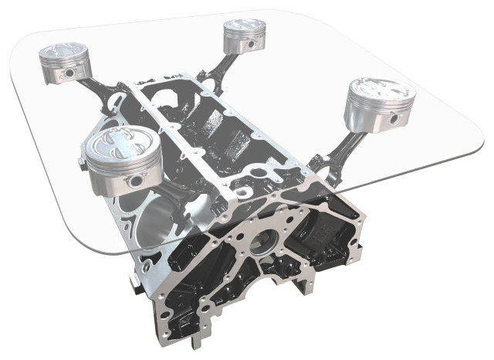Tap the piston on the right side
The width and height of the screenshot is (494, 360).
tap(379, 105)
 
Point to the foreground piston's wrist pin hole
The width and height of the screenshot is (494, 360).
tap(138, 179)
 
